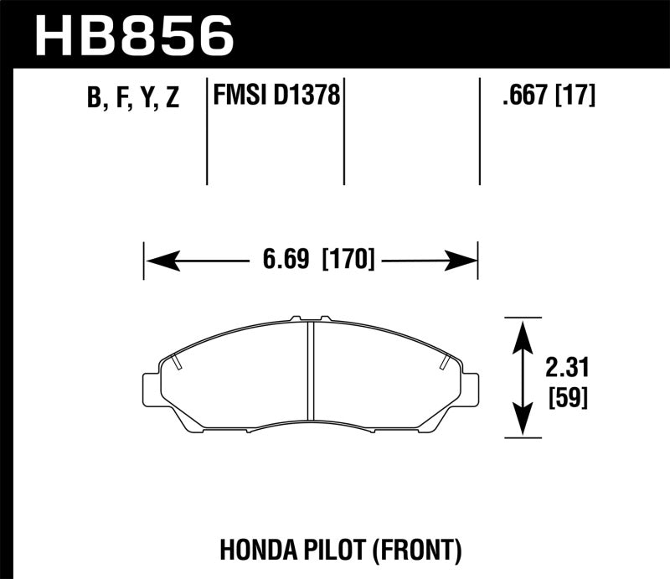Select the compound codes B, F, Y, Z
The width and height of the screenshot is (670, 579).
[x=133, y=99]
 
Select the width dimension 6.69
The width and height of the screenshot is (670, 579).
[x=287, y=259]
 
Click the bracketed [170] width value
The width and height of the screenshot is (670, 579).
[x=347, y=259]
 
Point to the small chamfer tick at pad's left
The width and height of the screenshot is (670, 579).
[x=178, y=363]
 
